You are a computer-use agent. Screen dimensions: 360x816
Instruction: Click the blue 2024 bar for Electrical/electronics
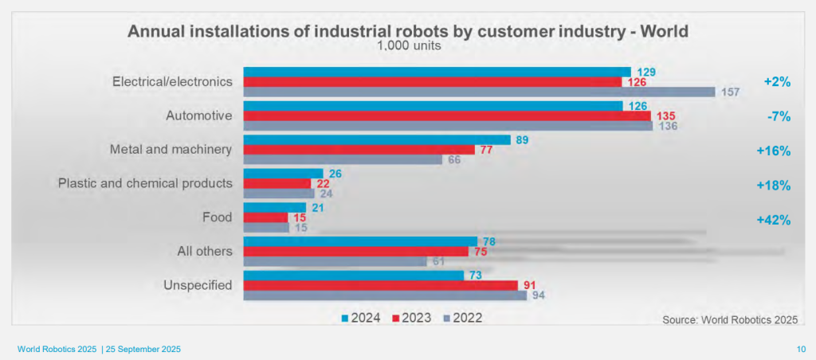tap(437, 72)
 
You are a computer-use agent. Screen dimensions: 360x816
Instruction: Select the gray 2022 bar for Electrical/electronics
tap(479, 92)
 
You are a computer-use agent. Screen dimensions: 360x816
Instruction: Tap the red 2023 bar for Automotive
tap(446, 115)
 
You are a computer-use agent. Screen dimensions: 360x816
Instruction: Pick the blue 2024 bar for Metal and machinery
tap(376, 139)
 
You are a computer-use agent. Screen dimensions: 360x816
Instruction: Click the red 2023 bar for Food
tap(265, 217)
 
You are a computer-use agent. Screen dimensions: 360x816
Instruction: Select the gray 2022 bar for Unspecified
tap(384, 295)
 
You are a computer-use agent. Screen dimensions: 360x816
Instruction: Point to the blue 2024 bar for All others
tap(359, 241)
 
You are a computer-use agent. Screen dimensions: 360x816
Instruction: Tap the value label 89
tap(522, 140)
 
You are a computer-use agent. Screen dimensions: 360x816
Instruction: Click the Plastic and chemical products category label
tap(145, 183)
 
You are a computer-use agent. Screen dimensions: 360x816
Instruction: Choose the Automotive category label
tap(198, 116)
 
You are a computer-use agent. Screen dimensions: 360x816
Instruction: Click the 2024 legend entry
tap(360, 318)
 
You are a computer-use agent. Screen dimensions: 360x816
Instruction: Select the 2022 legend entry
tap(462, 318)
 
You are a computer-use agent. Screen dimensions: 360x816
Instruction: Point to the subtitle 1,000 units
tap(408, 46)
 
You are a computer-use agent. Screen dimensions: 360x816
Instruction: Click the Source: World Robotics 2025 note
tap(728, 319)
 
